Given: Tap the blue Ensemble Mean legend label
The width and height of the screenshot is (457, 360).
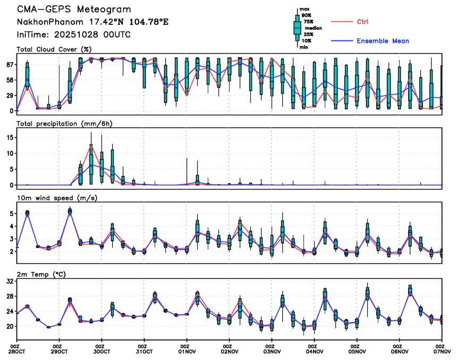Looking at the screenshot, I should tap(383, 41).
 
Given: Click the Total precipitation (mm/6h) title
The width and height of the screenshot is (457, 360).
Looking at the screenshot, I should tap(66, 123).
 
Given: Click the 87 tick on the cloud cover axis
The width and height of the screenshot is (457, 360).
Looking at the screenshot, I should tap(9, 64).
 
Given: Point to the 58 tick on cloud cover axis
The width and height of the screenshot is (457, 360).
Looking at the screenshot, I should tap(9, 80).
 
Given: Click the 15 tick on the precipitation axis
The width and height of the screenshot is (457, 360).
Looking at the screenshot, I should tap(9, 137).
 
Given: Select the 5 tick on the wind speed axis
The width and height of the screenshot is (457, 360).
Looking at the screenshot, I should tap(11, 213).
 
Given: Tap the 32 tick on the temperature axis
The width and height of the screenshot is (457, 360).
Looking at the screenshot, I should tap(9, 282).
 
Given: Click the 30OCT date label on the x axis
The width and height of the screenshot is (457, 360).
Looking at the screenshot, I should tap(102, 352).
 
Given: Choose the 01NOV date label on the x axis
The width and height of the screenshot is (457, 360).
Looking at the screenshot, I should tap(187, 352).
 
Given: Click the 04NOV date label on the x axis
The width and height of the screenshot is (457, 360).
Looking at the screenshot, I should tap(315, 352).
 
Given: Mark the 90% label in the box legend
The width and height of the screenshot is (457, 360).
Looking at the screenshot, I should tap(307, 15).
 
